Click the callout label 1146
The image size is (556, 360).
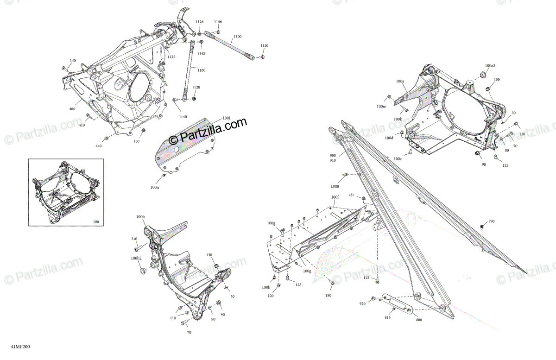218,22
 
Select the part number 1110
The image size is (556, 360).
264,46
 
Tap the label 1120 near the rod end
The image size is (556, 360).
196,87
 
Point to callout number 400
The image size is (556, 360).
72,109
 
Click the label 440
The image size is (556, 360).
98,146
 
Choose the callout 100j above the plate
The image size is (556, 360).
226,118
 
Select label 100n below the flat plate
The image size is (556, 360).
154,187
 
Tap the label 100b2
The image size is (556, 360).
136,258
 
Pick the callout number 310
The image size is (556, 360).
134,239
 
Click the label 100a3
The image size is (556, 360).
490,66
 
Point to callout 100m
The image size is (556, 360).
381,107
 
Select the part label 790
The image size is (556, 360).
492,221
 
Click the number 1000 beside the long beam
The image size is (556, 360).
335,186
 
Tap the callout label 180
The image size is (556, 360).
329,295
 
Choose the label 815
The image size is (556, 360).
387,317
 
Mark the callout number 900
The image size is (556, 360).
333,155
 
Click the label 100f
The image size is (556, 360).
335,197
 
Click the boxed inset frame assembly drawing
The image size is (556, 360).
66,192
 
